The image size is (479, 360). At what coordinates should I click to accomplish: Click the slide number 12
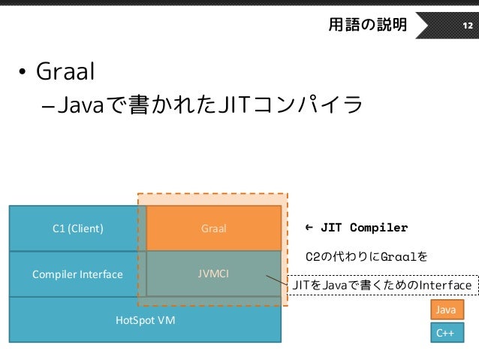click(466, 26)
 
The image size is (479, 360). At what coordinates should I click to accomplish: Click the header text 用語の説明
click(367, 26)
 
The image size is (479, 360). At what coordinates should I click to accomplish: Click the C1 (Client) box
click(77, 228)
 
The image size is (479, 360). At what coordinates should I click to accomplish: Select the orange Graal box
click(214, 228)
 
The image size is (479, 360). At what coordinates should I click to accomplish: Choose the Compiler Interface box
click(77, 274)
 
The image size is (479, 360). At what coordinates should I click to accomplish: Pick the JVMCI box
click(214, 274)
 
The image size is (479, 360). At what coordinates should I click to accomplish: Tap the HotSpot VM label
click(145, 319)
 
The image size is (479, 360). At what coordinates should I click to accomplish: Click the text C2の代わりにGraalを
click(367, 257)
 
